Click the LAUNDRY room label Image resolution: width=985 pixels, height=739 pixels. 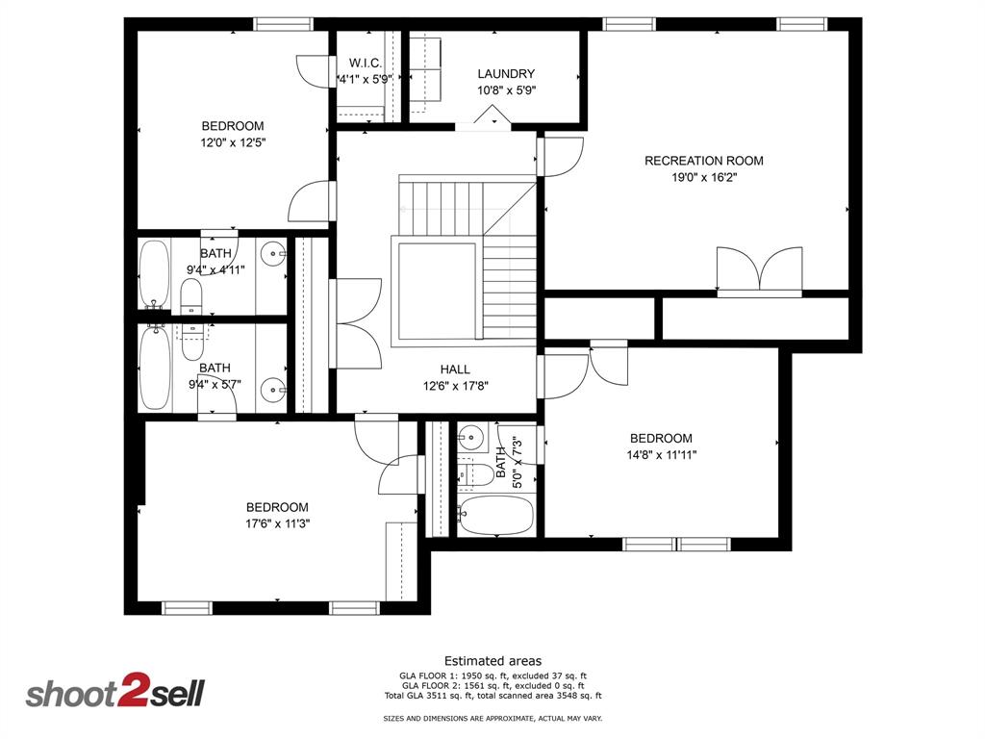point(506,73)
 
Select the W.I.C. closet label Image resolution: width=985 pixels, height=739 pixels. point(366,64)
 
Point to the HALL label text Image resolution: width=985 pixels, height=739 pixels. point(455,369)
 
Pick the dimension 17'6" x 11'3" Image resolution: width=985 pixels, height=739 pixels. point(277,523)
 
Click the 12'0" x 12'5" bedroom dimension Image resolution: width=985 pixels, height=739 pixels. point(232,142)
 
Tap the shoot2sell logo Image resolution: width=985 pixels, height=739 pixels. point(114,693)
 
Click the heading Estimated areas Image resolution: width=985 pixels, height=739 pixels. point(492,660)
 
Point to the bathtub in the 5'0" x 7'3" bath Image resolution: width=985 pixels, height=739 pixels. point(495,517)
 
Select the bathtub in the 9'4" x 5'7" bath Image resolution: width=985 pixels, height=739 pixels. point(154,369)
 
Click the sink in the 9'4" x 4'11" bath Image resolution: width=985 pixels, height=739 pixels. point(275,256)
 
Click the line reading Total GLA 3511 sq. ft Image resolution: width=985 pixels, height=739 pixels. point(492,696)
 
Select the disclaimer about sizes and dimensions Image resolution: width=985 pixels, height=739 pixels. point(492,719)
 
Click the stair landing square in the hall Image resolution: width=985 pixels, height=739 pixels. point(437,292)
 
